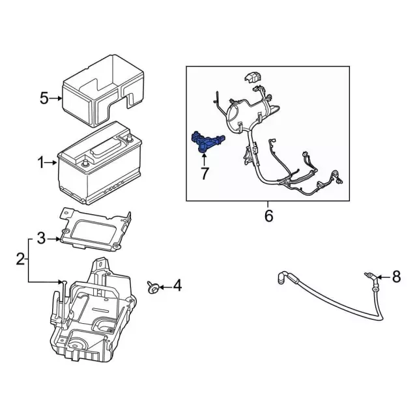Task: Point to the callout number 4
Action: tap(177, 286)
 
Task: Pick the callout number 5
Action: tap(44, 99)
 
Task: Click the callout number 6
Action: tap(268, 215)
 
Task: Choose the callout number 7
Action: tap(204, 173)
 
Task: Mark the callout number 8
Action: tap(395, 278)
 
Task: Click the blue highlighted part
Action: tap(205, 142)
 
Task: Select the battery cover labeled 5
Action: tap(104, 91)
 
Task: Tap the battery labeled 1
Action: tap(104, 163)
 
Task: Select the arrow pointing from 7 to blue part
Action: tap(204, 158)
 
